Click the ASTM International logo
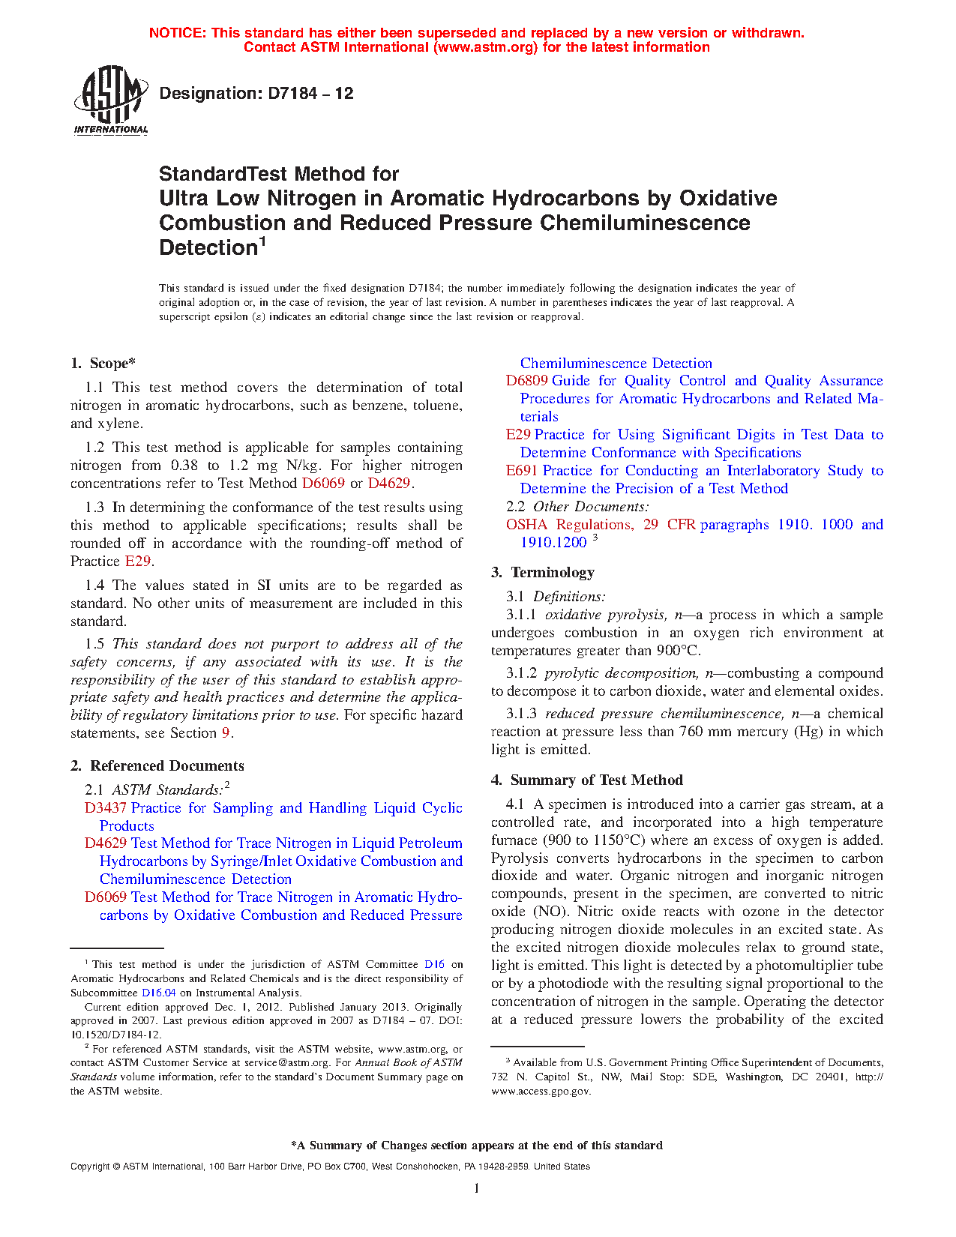pyautogui.click(x=111, y=100)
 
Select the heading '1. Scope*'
pyautogui.click(x=103, y=364)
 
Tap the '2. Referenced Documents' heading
pyautogui.click(x=157, y=765)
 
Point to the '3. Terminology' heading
pyautogui.click(x=543, y=572)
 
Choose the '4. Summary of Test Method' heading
pyautogui.click(x=587, y=780)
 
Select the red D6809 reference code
pyautogui.click(x=526, y=381)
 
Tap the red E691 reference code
pyautogui.click(x=522, y=471)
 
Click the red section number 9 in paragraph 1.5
pyautogui.click(x=226, y=733)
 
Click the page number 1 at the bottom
pyautogui.click(x=477, y=1188)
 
